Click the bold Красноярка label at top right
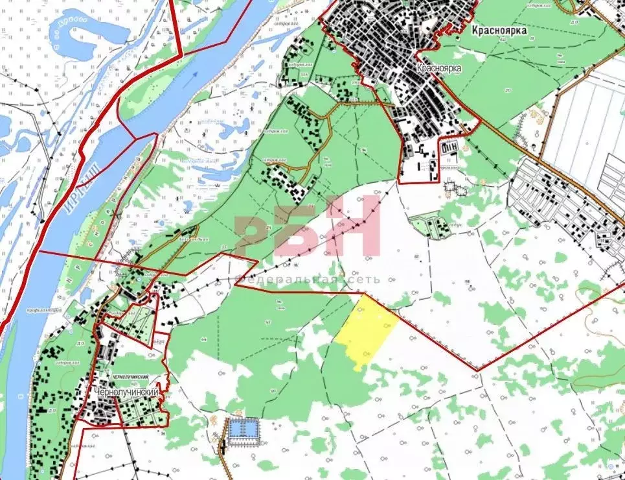coord(499,30)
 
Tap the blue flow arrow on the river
coord(193,78)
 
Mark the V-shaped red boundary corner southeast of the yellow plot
coord(479,370)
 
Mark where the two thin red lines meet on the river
coord(135,139)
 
